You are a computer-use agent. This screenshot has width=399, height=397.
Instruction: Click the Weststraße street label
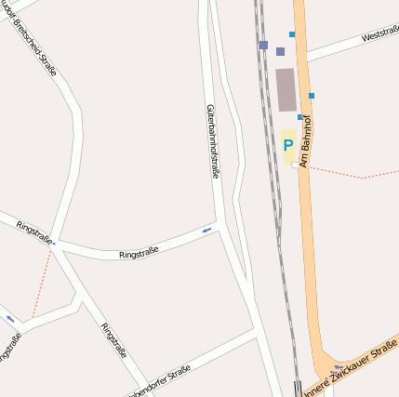pos(379,35)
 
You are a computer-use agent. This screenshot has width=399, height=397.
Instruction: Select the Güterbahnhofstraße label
pos(212,140)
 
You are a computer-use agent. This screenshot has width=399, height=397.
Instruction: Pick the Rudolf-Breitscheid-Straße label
pos(35,41)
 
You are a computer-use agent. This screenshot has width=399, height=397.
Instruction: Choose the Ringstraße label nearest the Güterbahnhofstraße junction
pos(139,251)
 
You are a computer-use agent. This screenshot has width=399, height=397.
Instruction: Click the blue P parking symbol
pos(288,145)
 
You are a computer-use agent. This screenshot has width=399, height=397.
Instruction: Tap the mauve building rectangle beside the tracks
pos(286,89)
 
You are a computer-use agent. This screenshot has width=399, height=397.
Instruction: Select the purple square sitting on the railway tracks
pos(263,45)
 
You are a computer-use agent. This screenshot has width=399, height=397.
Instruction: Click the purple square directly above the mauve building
pos(280,52)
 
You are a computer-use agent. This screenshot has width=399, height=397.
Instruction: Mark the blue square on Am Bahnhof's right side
pos(312,96)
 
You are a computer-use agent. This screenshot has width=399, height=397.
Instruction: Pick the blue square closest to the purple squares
pos(291,34)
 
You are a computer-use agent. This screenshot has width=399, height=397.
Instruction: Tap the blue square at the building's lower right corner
pos(300,117)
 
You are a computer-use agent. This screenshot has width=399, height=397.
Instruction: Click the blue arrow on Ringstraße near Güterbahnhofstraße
pos(206,230)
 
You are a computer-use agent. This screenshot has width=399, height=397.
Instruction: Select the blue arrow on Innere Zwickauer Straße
pos(336,368)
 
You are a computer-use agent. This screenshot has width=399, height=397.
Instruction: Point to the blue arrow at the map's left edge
pos(11,319)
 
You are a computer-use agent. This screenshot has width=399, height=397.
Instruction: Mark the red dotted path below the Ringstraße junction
pos(41,284)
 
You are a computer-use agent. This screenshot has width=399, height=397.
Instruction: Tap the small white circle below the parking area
pos(295,165)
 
